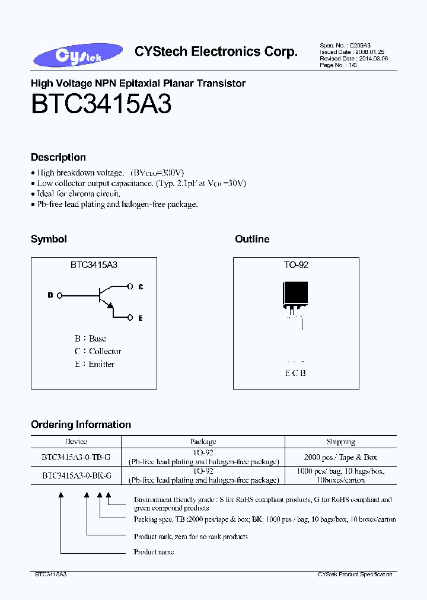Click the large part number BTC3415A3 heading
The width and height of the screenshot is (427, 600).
tap(101, 105)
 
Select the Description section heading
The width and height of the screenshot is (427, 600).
tap(58, 157)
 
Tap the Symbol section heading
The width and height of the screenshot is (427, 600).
tap(49, 239)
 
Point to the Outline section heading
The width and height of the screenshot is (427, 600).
tap(252, 239)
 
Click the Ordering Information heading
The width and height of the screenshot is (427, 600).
tap(81, 425)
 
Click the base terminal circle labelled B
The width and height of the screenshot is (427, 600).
tap(59, 295)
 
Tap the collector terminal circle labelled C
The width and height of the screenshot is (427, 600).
tap(130, 286)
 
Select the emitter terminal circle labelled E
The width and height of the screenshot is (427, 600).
tap(130, 318)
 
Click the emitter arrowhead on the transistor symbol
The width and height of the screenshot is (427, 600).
tap(109, 305)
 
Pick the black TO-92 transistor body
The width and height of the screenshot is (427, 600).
tap(295, 293)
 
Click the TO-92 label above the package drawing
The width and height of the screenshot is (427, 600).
tap(296, 265)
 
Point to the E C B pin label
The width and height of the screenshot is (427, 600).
tap(295, 373)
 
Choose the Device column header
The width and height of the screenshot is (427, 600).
tap(76, 442)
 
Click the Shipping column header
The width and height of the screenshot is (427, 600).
tap(340, 442)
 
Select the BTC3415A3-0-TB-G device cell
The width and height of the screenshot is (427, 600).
tap(76, 458)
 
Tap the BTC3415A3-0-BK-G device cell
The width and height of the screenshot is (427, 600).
tap(76, 475)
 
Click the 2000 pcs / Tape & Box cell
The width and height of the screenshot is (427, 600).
tap(340, 458)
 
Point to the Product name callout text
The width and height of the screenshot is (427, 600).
tap(154, 552)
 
